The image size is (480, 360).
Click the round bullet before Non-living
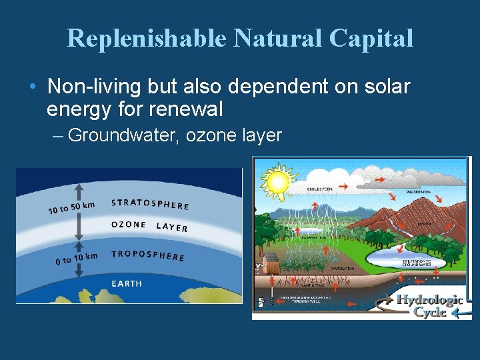[x=33, y=87]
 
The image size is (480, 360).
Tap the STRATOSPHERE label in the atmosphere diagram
[x=150, y=204]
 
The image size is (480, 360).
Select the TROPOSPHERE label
[x=147, y=255]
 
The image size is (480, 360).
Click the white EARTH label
[x=127, y=284]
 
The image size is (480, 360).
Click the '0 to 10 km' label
[x=76, y=258]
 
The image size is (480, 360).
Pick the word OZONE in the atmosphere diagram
[x=128, y=225]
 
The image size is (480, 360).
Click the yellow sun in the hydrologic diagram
[x=277, y=180]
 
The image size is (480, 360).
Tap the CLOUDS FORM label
[x=321, y=189]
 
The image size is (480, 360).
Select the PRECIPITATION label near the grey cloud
[x=419, y=192]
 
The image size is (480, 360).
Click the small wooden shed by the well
[x=271, y=261]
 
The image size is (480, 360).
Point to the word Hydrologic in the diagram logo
[x=429, y=300]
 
